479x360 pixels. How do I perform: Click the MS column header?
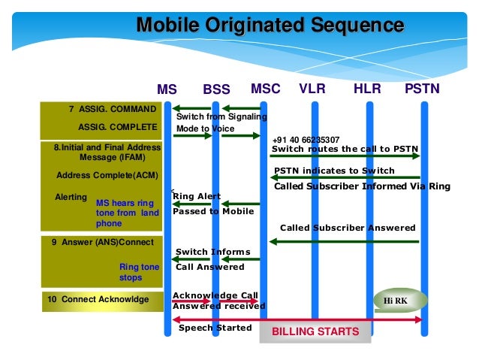[167, 89]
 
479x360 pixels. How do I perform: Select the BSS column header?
[216, 89]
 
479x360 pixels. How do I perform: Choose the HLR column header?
[367, 89]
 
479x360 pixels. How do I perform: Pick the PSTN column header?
[422, 89]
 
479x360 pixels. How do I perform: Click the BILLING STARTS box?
[315, 331]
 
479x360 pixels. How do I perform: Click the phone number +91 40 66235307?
[306, 140]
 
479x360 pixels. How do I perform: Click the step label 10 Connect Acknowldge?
[98, 300]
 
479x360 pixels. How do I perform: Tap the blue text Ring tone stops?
[140, 272]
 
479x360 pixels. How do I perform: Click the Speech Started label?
[215, 328]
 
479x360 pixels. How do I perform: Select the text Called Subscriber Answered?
[348, 227]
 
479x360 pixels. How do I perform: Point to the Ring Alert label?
[197, 196]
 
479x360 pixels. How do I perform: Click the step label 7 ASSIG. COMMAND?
[113, 109]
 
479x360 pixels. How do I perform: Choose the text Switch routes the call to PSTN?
[344, 148]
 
